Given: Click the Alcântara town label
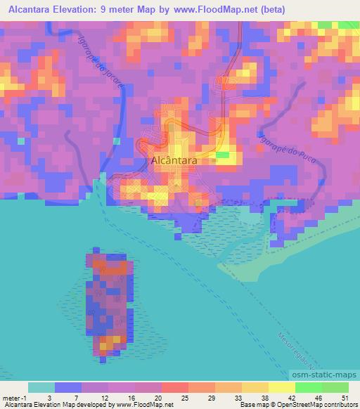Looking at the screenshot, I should pyautogui.click(x=174, y=160).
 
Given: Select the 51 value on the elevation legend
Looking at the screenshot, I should pyautogui.click(x=345, y=398).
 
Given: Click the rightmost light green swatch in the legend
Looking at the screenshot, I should pyautogui.click(x=335, y=387).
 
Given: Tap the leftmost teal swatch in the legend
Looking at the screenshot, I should pyautogui.click(x=41, y=387).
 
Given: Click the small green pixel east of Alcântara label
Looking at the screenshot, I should pyautogui.click(x=223, y=155).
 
